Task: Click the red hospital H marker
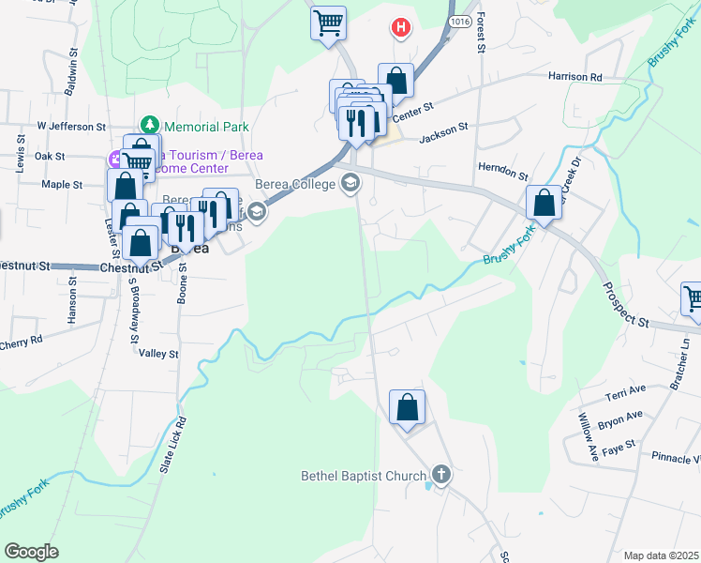[401, 28]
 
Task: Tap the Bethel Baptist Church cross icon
[441, 476]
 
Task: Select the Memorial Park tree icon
[148, 125]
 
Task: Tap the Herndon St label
[503, 170]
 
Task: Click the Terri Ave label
[626, 388]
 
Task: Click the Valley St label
[158, 354]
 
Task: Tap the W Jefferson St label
[71, 126]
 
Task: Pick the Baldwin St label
[71, 78]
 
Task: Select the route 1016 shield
[458, 20]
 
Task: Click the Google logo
[32, 552]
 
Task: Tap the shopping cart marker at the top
[328, 23]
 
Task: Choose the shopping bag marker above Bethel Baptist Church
[407, 408]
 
